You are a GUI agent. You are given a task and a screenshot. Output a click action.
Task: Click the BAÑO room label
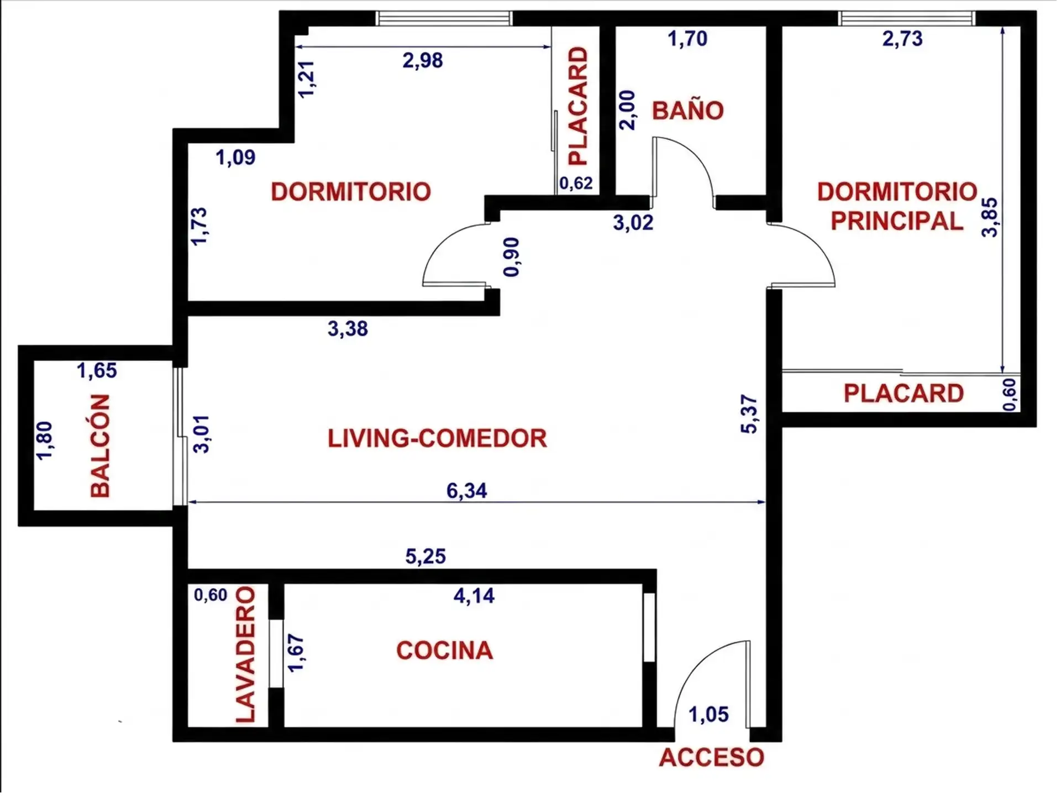click(687, 111)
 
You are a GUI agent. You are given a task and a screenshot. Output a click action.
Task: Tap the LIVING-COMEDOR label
click(437, 438)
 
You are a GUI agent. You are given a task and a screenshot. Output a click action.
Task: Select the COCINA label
click(444, 650)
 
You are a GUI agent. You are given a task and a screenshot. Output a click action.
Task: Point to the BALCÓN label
click(100, 446)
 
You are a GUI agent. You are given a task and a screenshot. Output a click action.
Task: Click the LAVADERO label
click(246, 655)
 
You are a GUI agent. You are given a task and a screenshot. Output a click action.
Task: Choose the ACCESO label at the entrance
click(712, 757)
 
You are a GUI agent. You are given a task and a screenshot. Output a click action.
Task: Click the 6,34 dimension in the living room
click(467, 490)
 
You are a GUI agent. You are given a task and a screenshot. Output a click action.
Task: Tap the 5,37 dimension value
click(749, 414)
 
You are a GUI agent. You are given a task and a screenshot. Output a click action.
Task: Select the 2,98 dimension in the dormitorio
click(423, 60)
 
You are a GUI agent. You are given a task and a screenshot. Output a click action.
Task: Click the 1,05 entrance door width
click(708, 714)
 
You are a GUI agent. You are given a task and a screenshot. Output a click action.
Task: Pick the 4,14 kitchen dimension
click(474, 595)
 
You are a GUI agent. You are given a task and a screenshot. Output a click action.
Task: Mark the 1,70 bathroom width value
click(687, 39)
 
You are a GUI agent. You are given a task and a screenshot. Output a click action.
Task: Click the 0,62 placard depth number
click(576, 183)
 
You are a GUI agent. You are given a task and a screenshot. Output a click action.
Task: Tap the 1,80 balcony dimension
click(44, 440)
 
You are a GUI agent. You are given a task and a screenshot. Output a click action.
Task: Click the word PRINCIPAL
click(897, 221)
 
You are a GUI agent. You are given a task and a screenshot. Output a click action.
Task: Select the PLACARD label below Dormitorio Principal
click(904, 394)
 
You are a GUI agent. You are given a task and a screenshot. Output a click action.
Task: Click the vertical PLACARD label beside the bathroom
click(578, 106)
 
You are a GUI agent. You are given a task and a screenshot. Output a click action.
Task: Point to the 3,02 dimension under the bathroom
click(633, 223)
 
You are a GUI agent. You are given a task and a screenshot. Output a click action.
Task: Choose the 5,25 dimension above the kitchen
click(426, 556)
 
